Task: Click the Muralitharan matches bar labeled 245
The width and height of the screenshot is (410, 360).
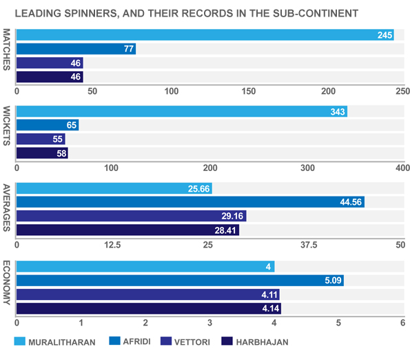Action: (x=205, y=35)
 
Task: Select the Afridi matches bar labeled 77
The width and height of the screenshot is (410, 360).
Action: (x=76, y=49)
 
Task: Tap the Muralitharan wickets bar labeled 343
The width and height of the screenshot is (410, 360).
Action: (x=181, y=112)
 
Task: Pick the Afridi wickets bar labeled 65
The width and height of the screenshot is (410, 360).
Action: (x=47, y=126)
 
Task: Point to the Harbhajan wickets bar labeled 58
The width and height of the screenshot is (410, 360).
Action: (x=41, y=153)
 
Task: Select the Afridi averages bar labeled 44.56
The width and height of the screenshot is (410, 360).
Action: (x=189, y=202)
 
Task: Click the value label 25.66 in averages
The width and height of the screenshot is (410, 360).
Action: (x=198, y=189)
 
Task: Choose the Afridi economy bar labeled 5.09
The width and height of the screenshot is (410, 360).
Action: (x=179, y=280)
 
